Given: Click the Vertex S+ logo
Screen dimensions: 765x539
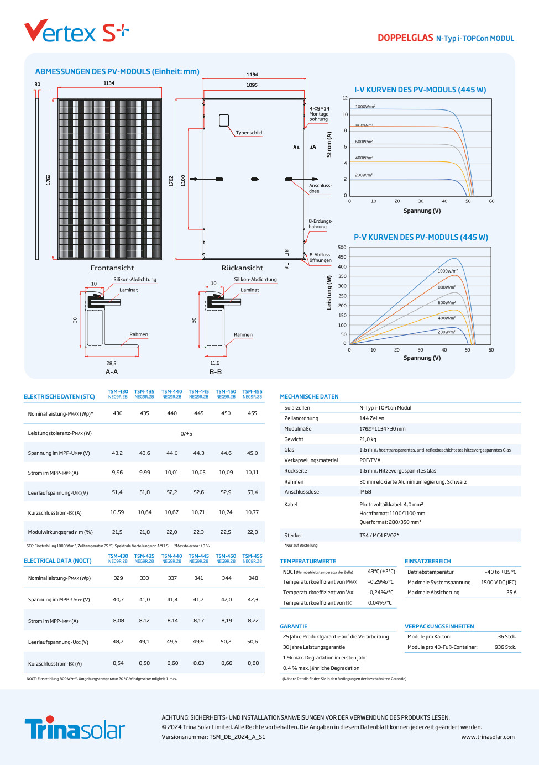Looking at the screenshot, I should click(76, 32).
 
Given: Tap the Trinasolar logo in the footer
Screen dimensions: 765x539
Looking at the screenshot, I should click(75, 729).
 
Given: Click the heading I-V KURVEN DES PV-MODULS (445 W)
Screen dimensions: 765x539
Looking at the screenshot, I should click(420, 90).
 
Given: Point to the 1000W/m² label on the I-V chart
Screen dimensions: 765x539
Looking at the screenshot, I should click(365, 107).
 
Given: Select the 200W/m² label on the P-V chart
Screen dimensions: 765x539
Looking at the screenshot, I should click(447, 332).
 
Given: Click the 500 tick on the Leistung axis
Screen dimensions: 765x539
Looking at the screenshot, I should click(342, 248).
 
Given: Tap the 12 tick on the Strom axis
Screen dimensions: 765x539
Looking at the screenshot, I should click(345, 98).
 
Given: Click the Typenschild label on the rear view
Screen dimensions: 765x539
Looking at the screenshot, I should click(249, 133).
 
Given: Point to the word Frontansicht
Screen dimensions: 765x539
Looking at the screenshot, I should click(112, 268).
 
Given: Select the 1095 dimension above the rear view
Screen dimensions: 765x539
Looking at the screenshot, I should click(252, 85).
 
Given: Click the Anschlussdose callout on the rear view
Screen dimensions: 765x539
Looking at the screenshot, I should click(320, 188).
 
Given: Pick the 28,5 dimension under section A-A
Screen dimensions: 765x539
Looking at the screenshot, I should click(111, 363).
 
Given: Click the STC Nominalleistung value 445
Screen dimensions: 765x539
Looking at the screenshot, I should click(199, 413).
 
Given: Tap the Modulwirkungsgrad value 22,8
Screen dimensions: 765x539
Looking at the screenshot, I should click(252, 532).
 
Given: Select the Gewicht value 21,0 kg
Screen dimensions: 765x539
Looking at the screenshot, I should click(368, 439).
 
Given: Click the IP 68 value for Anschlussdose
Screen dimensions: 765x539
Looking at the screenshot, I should click(365, 492).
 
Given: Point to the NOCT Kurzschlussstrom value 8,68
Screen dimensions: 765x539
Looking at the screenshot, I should click(253, 663).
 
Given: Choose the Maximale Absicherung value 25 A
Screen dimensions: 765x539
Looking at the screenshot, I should click(511, 593).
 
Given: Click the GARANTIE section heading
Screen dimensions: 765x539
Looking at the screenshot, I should click(294, 627).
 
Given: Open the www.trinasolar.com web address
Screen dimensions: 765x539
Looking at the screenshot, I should click(488, 737).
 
